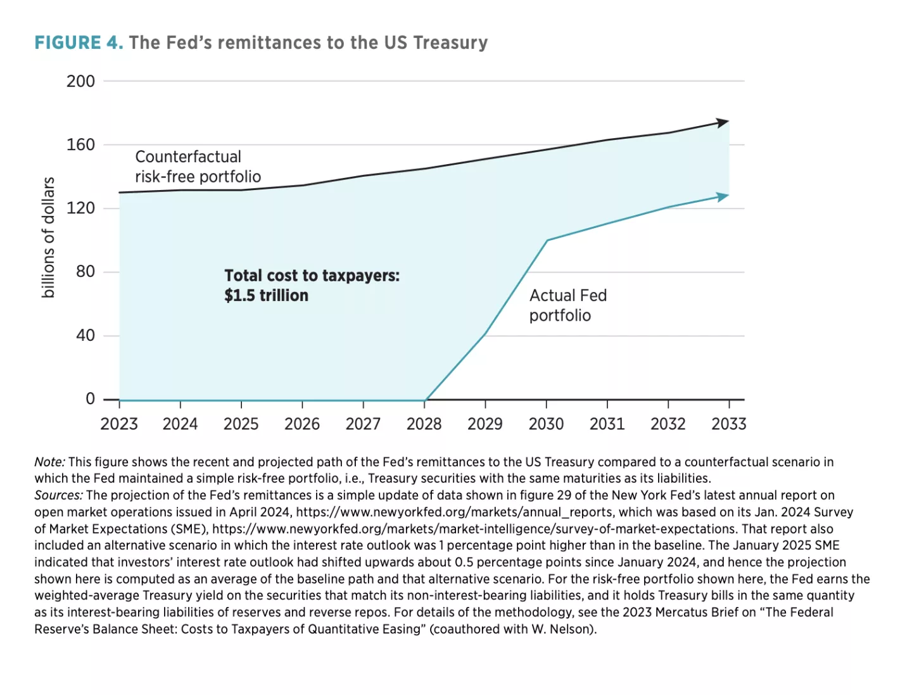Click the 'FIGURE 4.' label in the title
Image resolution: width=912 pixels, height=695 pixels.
point(79,42)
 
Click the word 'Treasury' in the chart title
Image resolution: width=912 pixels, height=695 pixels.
point(450,42)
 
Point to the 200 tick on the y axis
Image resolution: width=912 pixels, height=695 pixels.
point(80,81)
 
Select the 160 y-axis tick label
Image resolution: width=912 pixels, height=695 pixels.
point(80,144)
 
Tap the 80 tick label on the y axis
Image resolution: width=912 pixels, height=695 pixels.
point(85,272)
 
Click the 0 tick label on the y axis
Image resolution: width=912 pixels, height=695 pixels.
point(90,399)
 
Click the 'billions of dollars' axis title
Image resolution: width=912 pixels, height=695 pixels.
point(48,238)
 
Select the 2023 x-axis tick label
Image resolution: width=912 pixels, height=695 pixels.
point(119,424)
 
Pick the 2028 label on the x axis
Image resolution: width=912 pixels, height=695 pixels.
point(424,424)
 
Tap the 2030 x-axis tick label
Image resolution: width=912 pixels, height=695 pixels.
point(546,424)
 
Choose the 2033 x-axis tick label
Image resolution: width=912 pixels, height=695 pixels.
point(728,424)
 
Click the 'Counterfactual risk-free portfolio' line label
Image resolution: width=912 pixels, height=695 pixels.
point(198,167)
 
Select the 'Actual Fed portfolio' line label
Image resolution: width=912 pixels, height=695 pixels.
point(567,305)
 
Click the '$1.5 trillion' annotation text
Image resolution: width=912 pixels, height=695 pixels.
point(266,295)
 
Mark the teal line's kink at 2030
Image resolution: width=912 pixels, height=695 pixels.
point(547,240)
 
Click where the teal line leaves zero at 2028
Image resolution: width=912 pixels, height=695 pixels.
point(425,400)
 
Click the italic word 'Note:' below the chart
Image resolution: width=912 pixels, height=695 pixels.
point(49,462)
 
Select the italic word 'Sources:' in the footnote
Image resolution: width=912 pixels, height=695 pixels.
point(58,495)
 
